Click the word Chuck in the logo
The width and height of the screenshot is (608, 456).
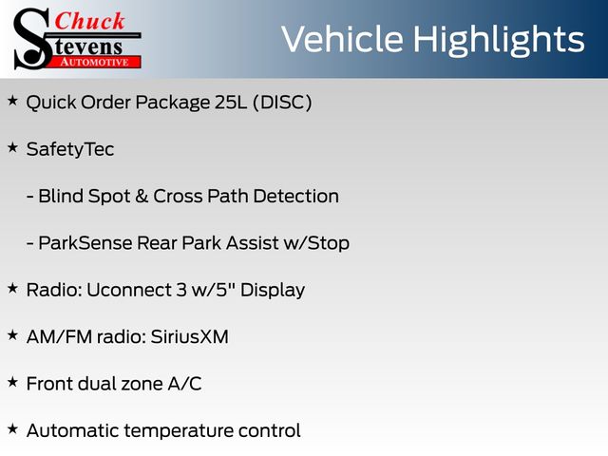[x=89, y=21]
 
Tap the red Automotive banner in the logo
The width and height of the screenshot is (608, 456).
[x=95, y=62]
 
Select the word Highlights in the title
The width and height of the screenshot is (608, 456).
[x=498, y=40]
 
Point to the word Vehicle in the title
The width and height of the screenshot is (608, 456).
[x=342, y=39]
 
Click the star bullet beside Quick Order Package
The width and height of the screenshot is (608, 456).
[x=12, y=101]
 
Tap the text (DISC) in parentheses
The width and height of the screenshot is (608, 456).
[x=282, y=103]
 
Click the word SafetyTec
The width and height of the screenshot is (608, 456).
[x=70, y=150]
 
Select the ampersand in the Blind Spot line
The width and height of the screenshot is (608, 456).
[x=142, y=197]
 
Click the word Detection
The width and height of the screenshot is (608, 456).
[x=295, y=197]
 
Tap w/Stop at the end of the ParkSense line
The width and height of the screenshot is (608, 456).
[x=316, y=244]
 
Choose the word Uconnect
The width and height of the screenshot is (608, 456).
[x=131, y=290]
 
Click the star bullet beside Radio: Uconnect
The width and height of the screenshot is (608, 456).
[x=12, y=289]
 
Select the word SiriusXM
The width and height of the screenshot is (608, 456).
[x=190, y=336]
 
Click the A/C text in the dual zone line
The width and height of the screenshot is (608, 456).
[x=184, y=384]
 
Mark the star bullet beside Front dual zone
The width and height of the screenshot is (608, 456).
[x=12, y=382]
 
